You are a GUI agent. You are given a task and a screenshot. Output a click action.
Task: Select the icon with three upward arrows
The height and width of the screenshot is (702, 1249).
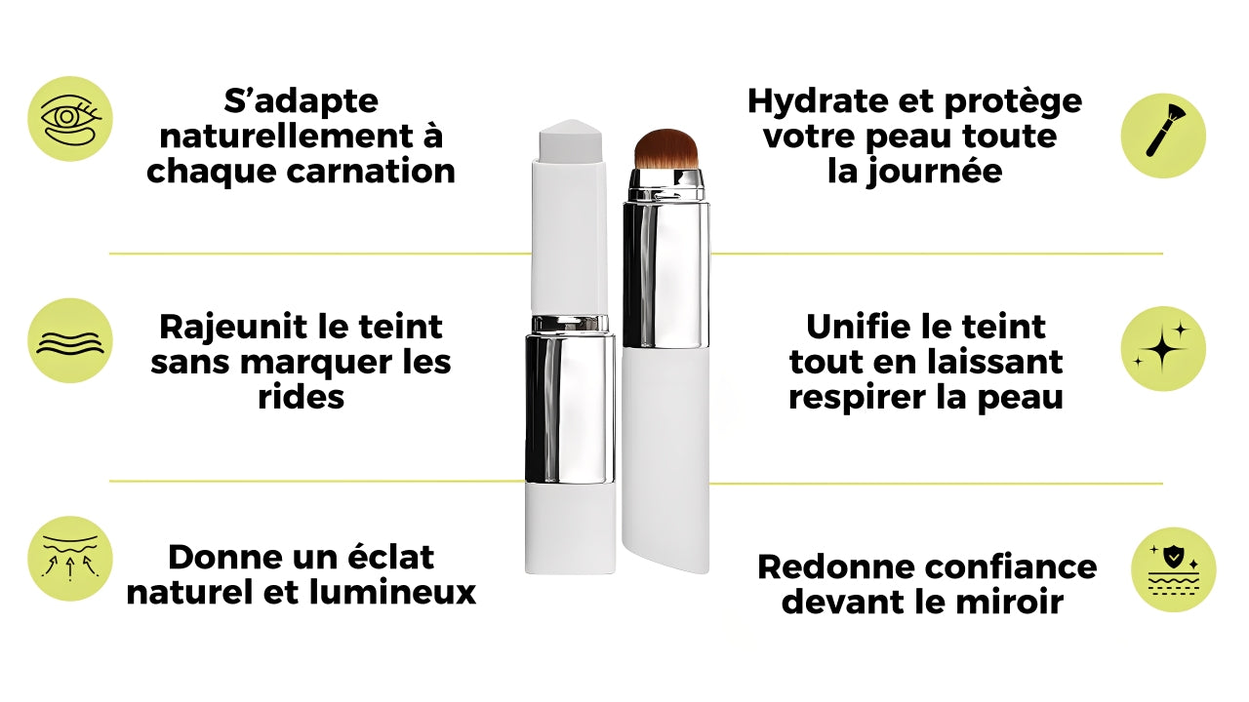click(x=70, y=559)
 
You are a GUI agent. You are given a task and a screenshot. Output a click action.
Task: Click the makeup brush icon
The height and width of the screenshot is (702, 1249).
click(x=1165, y=130)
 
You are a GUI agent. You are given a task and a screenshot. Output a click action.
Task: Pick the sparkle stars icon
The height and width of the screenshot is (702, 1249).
click(x=1163, y=347)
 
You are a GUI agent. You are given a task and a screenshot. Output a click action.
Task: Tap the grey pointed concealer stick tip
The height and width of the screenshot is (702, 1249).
click(x=571, y=139)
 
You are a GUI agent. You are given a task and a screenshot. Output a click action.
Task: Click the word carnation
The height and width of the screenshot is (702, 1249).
click(x=371, y=172)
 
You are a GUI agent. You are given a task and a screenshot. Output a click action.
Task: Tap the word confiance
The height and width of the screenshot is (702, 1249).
click(x=1012, y=567)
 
